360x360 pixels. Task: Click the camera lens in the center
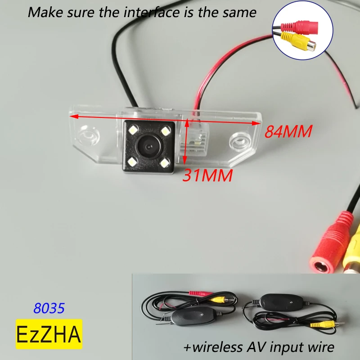point(147,145)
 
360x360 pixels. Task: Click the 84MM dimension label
point(288,131)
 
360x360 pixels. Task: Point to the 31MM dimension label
point(207,175)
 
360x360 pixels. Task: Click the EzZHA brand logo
point(49,334)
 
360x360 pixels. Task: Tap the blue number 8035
point(49,308)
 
